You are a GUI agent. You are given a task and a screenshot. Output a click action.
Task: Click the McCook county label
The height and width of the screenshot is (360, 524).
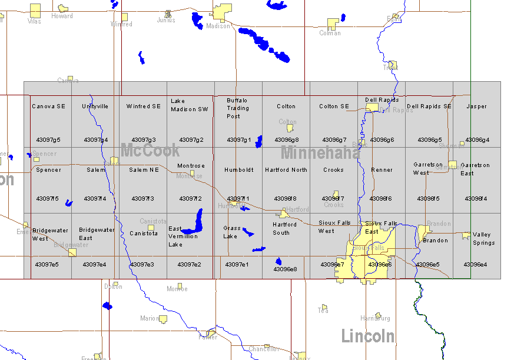(150, 151)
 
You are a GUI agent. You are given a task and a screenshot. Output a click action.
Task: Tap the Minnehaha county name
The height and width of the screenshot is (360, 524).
(320, 153)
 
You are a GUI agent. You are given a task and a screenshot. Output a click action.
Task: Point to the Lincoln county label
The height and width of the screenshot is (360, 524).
(368, 336)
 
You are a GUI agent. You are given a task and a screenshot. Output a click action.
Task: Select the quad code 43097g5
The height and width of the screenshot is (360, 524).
(48, 140)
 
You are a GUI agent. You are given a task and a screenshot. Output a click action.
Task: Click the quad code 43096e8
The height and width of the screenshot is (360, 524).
(285, 269)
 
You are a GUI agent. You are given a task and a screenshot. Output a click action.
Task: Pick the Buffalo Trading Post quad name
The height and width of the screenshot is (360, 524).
(238, 108)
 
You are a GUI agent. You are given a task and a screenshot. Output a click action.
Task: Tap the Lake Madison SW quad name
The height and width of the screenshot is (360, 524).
(190, 105)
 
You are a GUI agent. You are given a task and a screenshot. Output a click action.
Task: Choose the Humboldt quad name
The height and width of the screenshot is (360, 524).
(239, 170)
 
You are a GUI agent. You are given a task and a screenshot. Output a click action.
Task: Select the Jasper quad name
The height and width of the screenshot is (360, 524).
(477, 106)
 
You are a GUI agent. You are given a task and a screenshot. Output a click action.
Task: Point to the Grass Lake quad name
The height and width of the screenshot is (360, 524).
(232, 232)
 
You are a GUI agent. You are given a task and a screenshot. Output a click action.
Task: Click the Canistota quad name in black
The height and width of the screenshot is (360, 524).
(144, 234)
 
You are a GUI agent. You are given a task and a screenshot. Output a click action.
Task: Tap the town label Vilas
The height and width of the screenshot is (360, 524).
(35, 21)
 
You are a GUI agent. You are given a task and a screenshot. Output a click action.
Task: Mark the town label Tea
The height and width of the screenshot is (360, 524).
(323, 311)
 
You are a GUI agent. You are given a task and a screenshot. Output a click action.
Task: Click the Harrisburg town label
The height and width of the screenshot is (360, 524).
(375, 318)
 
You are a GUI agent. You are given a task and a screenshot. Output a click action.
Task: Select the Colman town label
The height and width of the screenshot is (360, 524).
(330, 33)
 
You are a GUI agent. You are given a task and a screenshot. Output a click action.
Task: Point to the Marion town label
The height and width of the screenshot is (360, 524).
(149, 318)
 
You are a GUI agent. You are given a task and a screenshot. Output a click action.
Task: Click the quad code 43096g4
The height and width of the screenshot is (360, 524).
(477, 140)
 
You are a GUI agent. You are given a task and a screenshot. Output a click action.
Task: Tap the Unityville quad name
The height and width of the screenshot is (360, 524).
(95, 106)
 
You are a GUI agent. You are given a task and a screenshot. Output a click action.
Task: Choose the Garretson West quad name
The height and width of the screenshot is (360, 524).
(428, 169)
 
